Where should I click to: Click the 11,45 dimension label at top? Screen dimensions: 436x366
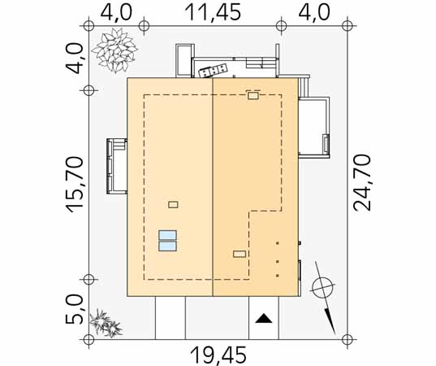[x=213, y=13]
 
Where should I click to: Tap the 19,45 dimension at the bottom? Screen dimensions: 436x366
[x=218, y=355]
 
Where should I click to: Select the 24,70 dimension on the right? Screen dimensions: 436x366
[x=362, y=183]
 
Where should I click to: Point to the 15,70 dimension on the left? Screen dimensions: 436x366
[x=75, y=185]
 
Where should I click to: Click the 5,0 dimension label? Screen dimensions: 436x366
[x=74, y=309]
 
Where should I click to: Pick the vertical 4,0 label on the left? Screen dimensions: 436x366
[x=74, y=59]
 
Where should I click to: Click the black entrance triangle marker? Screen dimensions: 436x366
[x=264, y=318]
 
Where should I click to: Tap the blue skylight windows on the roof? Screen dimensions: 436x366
[x=167, y=241]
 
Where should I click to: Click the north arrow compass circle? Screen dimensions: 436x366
[x=322, y=288]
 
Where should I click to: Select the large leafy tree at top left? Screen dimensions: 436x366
[x=114, y=50]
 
